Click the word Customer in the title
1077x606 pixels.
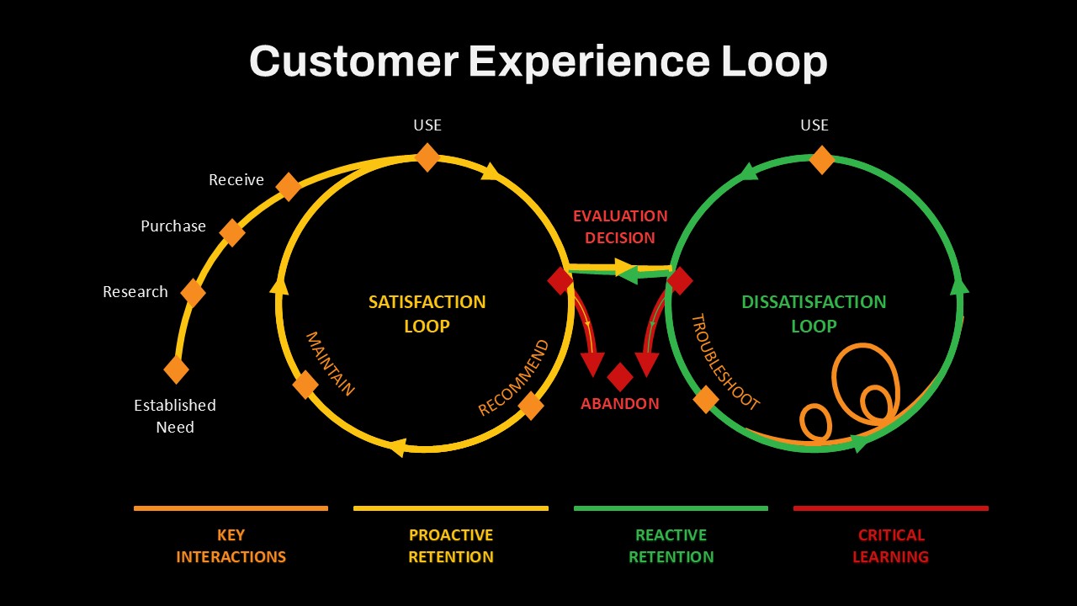point(354,61)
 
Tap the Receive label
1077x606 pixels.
point(236,180)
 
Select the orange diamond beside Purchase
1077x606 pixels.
point(232,233)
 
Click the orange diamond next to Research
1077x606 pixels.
point(194,292)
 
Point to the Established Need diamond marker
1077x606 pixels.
point(177,369)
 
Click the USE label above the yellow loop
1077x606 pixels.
point(427,125)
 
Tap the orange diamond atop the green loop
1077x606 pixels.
point(822,160)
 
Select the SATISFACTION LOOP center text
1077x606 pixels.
point(427,314)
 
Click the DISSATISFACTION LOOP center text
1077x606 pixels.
point(814,314)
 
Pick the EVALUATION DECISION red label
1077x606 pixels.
point(620,226)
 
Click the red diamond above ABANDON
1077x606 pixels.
point(620,377)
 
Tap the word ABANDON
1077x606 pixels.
point(620,403)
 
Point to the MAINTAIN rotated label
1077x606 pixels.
point(331,363)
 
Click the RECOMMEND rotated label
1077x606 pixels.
point(513,378)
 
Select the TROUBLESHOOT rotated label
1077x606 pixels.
point(725,362)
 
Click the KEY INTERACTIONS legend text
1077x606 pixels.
point(231,546)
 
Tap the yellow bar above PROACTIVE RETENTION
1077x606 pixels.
point(451,508)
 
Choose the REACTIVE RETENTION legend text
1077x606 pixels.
point(671,546)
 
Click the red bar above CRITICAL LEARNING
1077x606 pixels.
point(891,508)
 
